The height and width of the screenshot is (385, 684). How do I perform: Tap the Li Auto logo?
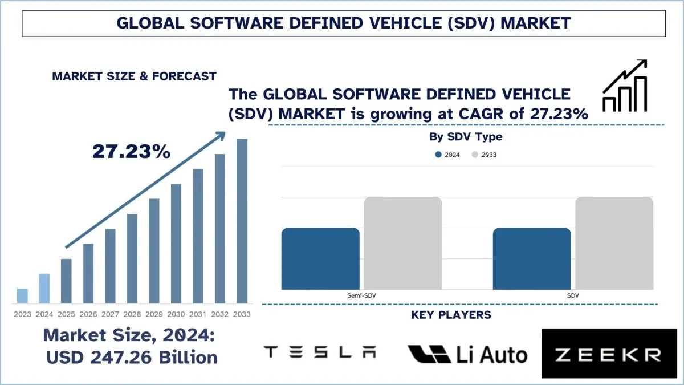pyautogui.click(x=467, y=354)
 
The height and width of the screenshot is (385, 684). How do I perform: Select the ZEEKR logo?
pyautogui.click(x=609, y=354)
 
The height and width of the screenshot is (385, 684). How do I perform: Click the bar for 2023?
pyautogui.click(x=22, y=295)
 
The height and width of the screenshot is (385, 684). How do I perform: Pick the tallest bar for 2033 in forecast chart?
pyautogui.click(x=242, y=221)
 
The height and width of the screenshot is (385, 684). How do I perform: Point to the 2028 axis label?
pyautogui.click(x=132, y=314)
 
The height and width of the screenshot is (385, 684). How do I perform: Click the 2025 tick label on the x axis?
pyautogui.click(x=66, y=314)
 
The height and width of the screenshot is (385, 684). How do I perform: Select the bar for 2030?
pyautogui.click(x=176, y=243)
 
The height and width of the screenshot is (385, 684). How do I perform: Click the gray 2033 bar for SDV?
pyautogui.click(x=614, y=243)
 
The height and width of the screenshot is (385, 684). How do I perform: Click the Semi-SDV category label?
pyautogui.click(x=361, y=295)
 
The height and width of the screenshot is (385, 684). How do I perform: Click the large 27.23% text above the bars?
pyautogui.click(x=131, y=151)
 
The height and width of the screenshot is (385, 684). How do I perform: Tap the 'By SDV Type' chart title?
pyautogui.click(x=466, y=137)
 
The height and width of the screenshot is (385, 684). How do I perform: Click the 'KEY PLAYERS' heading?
pyautogui.click(x=451, y=315)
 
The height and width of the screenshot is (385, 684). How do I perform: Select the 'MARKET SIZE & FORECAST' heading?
pyautogui.click(x=134, y=76)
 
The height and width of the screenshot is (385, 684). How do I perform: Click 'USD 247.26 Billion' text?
pyautogui.click(x=132, y=357)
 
